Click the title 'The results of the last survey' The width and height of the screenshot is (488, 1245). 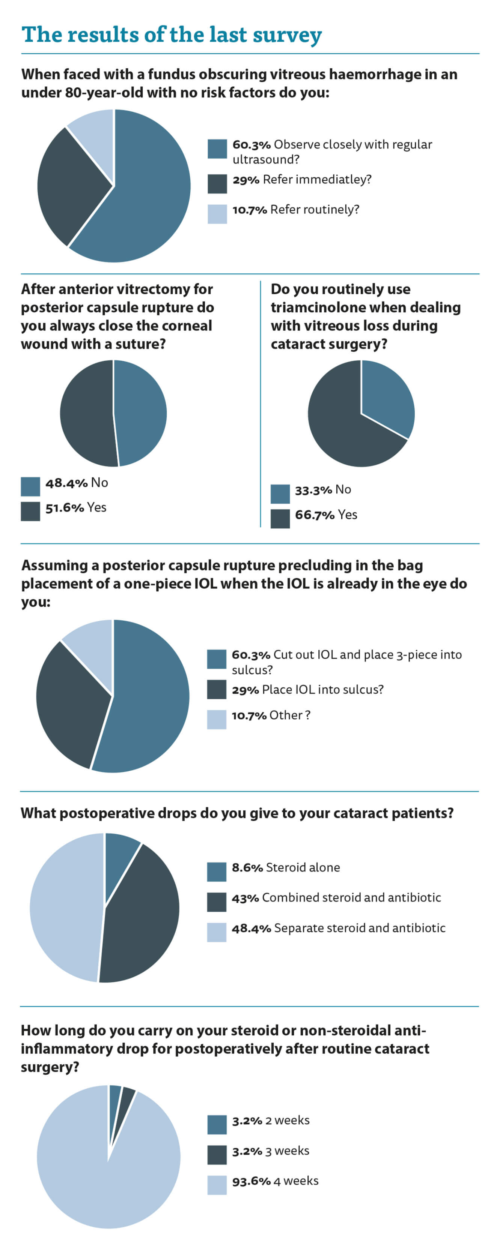tap(171, 35)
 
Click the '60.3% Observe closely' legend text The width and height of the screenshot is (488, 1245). tap(332, 151)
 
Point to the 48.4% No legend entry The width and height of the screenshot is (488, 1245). tap(77, 482)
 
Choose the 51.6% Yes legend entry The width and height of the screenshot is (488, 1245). tap(75, 507)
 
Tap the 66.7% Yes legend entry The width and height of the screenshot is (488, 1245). tap(326, 515)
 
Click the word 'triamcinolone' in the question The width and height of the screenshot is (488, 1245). tap(329, 307)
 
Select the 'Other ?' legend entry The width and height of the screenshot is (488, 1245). tap(271, 715)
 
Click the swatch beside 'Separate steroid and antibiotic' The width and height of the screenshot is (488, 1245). tap(216, 931)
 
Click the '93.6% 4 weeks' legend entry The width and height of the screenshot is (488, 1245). tap(275, 1181)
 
